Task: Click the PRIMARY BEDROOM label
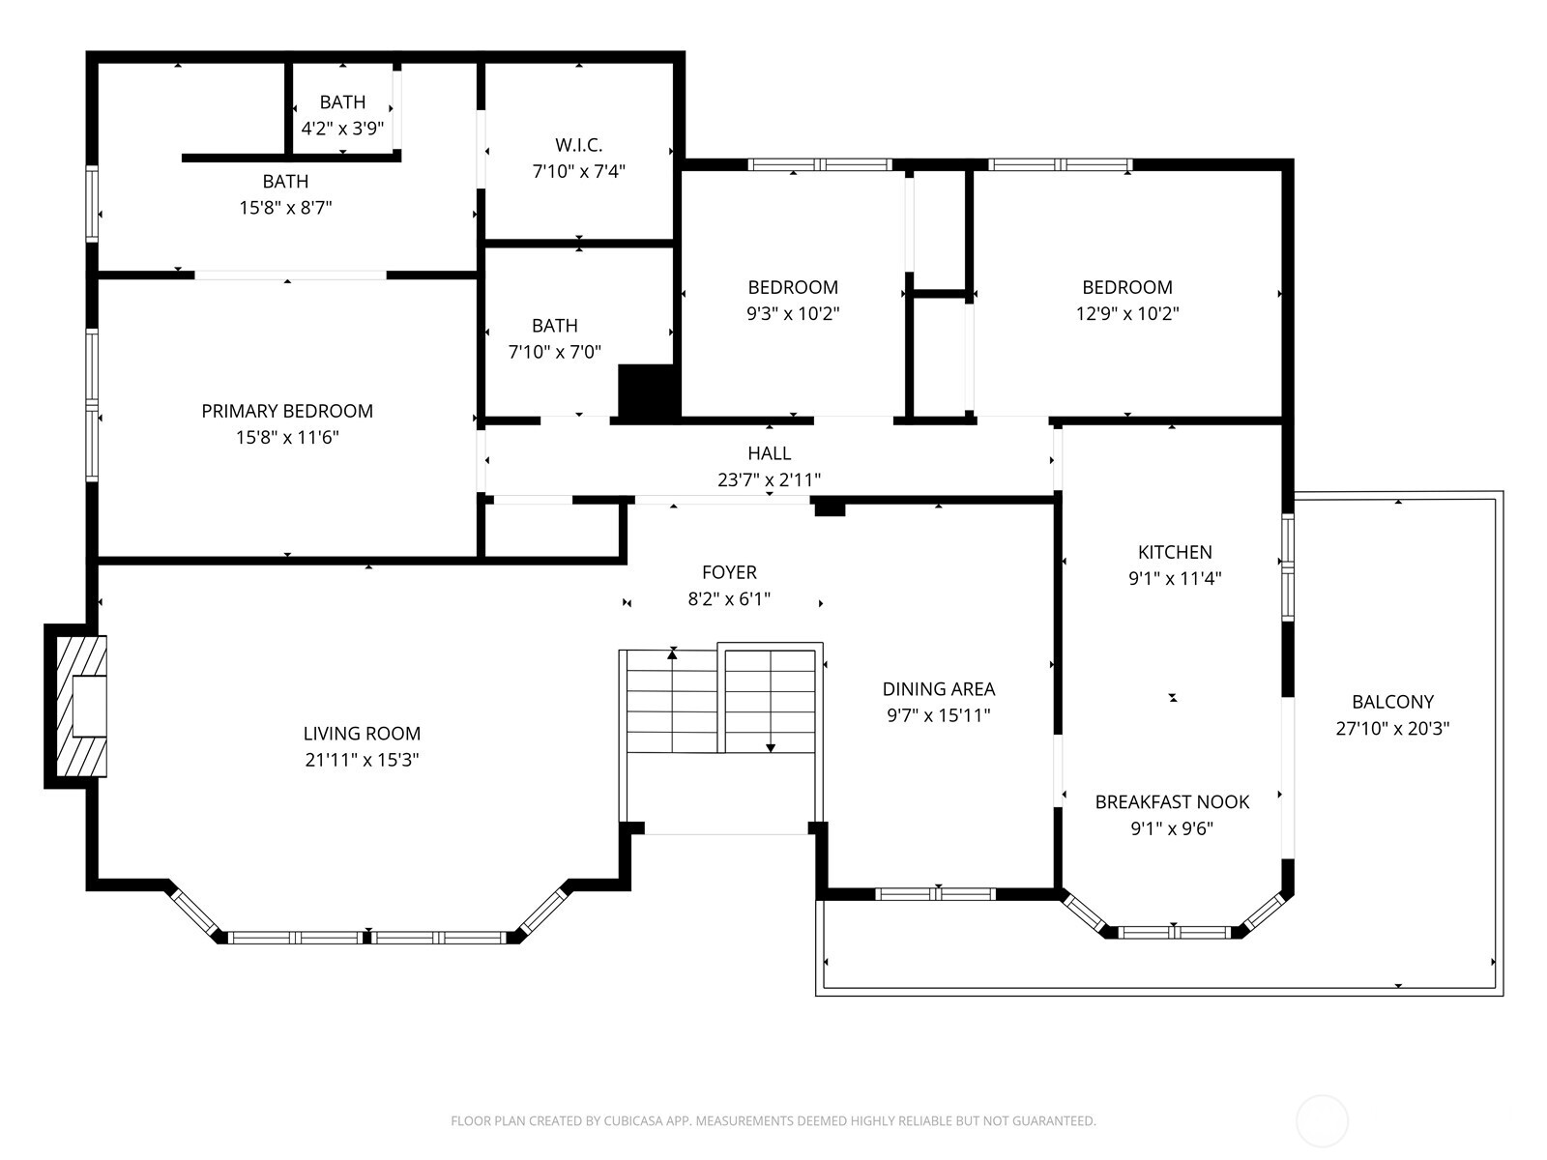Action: click(287, 411)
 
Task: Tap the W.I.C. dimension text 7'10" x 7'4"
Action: click(579, 172)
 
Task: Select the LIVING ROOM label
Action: click(362, 734)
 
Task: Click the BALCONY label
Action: click(1392, 702)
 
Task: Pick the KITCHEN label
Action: click(1175, 552)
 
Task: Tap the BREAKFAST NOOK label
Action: click(1172, 801)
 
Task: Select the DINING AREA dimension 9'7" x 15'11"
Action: click(938, 715)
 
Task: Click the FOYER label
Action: click(729, 572)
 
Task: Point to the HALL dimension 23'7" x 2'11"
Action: click(770, 479)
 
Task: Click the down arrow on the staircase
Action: click(771, 745)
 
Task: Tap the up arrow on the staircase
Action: click(672, 655)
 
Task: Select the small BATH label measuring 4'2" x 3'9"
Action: click(342, 101)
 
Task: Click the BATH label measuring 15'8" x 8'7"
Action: click(285, 181)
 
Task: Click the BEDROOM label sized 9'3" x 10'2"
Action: click(793, 287)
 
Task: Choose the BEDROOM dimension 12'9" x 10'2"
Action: click(1127, 313)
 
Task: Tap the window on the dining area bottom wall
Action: click(935, 894)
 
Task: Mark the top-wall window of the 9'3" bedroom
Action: click(820, 164)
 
